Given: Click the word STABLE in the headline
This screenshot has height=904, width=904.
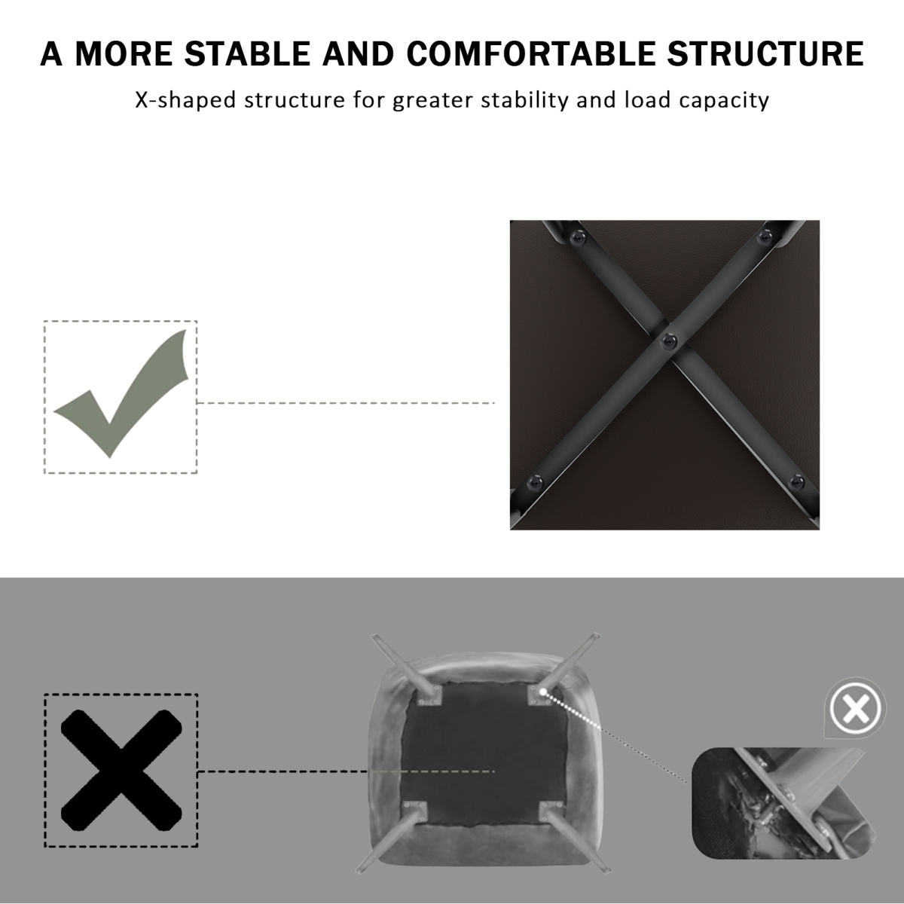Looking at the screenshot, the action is [247, 53].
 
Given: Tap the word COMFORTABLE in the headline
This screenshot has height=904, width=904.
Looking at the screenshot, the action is [530, 53].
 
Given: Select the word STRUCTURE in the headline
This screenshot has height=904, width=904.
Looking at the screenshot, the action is [765, 53].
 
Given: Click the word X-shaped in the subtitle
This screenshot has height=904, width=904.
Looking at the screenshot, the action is [185, 100].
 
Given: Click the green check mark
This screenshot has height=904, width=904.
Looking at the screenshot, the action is [121, 394].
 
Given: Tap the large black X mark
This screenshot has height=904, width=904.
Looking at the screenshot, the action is [121, 771].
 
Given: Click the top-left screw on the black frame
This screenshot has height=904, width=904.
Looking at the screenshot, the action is [578, 237].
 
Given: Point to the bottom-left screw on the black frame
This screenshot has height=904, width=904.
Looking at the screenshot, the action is [535, 482].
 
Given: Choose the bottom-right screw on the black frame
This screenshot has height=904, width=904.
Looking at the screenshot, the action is [796, 482].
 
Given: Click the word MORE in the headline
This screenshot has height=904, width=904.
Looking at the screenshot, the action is [124, 53].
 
